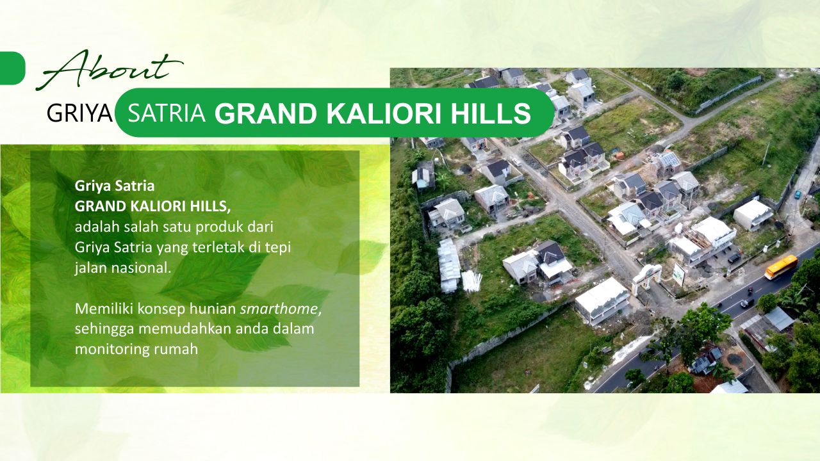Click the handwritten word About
tap(110, 70)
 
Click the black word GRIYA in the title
tap(79, 113)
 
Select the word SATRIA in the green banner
tap(167, 113)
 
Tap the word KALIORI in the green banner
tap(384, 113)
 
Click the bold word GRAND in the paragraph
tap(99, 206)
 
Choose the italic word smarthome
tap(279, 309)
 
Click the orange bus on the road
tap(781, 267)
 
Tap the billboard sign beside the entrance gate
tap(678, 275)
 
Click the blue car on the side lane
tap(798, 194)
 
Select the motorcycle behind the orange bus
tap(750, 291)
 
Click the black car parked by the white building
tap(734, 258)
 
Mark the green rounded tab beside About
tap(12, 69)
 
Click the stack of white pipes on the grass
tap(471, 281)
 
